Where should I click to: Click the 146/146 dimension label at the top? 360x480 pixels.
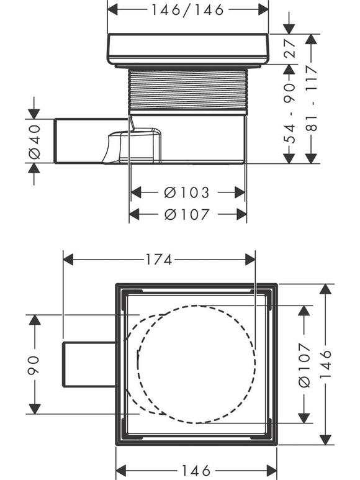(188, 10)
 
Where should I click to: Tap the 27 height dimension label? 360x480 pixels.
(290, 48)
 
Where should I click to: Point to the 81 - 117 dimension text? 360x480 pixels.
(312, 98)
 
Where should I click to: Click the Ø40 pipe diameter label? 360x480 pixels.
(35, 142)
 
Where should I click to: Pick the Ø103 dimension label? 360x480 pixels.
(187, 192)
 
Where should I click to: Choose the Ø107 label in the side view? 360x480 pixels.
(187, 214)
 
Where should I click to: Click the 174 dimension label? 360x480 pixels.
(158, 260)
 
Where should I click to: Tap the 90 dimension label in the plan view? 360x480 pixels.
(34, 365)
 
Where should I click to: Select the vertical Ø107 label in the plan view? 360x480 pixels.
(304, 365)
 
